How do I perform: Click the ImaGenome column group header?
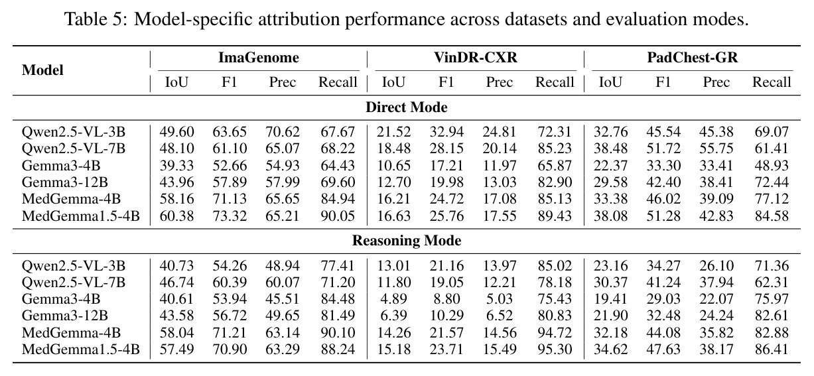[x=258, y=58]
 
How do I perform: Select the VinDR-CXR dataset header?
[x=475, y=58]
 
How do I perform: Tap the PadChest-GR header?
[x=692, y=58]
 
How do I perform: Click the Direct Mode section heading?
[x=406, y=107]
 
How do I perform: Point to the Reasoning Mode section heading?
[x=406, y=241]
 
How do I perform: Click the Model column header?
[x=42, y=70]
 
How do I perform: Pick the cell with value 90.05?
[x=338, y=216]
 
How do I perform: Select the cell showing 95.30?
[x=555, y=349]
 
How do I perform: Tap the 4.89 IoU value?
[x=393, y=299]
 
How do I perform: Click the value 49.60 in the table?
[x=176, y=132]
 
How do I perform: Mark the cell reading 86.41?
[x=772, y=349]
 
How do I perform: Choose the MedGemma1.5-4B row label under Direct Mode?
[x=81, y=216]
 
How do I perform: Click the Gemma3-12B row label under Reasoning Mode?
[x=65, y=316]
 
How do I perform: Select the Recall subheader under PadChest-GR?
[x=772, y=82]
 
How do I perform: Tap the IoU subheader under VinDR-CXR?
[x=393, y=82]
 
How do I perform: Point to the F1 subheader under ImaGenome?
[x=230, y=82]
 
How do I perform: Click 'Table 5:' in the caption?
[x=96, y=19]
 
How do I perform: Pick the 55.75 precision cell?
[x=716, y=149]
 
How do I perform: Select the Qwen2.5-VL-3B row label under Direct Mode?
[x=74, y=132]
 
